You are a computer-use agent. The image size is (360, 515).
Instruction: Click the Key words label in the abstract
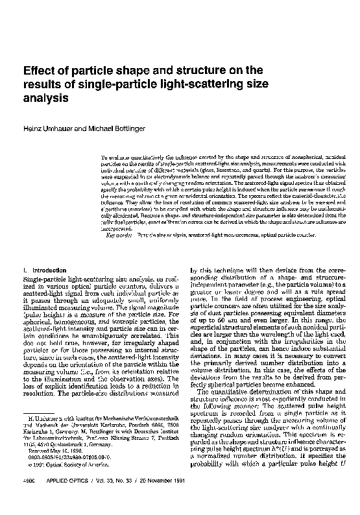[117, 235]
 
